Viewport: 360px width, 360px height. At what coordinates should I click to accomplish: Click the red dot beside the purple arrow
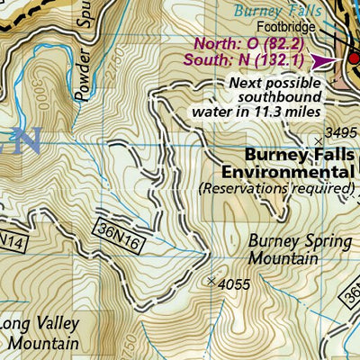click(x=353, y=60)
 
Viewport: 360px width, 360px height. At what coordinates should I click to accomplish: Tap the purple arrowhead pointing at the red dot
click(x=324, y=61)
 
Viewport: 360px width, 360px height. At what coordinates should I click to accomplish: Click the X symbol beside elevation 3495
click(x=318, y=139)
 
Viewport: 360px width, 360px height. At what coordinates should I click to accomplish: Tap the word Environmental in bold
click(x=286, y=171)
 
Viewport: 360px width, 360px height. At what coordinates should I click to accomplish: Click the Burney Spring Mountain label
click(x=283, y=249)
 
